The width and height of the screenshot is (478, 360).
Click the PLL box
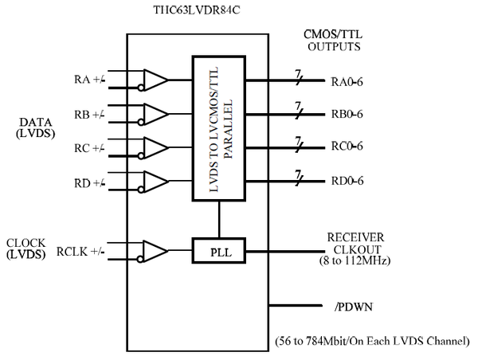(217, 252)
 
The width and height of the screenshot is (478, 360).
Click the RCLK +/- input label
(80, 252)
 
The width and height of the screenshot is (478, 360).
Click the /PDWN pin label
(349, 305)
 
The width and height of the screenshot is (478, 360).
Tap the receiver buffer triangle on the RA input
(155, 80)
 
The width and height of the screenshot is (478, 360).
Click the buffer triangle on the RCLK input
(155, 252)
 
